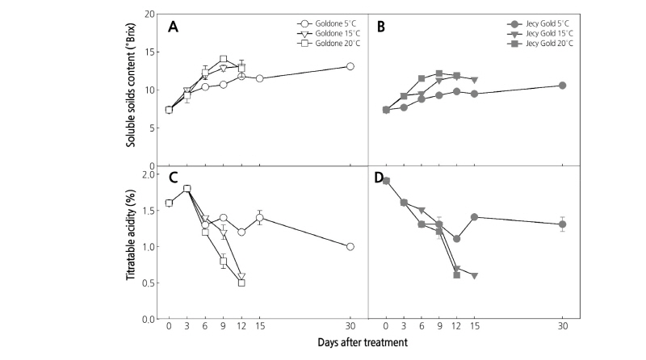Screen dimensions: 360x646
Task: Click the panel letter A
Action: [173, 27]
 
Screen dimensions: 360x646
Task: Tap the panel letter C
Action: [172, 178]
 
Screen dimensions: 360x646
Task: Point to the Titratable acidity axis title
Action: [129, 242]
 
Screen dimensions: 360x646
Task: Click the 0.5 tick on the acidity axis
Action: [148, 283]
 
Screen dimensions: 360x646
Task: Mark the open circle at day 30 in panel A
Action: [350, 66]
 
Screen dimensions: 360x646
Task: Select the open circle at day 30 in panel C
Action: [350, 246]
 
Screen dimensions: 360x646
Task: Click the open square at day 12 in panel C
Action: [241, 283]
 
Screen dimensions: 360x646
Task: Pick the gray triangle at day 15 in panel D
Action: [474, 275]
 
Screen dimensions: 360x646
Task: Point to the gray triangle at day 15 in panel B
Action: [474, 80]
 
